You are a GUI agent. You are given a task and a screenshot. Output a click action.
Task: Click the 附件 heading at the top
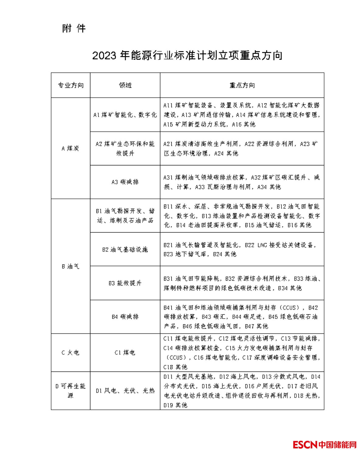(74, 29)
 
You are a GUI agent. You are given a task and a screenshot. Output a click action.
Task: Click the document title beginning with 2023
(187, 56)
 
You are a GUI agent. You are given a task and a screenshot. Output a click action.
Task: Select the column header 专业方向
(71, 85)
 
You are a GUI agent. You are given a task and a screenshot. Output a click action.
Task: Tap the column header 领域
(125, 85)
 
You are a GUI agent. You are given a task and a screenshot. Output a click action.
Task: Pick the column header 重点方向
(242, 85)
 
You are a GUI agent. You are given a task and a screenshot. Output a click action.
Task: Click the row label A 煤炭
(71, 148)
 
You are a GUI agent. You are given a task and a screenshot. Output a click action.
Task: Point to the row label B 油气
(71, 266)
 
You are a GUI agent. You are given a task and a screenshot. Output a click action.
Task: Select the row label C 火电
(71, 353)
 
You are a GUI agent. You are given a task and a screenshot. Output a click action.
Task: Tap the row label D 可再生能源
(71, 391)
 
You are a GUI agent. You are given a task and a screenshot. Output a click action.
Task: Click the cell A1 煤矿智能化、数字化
(125, 115)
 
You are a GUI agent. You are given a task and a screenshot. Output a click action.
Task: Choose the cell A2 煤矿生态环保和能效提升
(125, 148)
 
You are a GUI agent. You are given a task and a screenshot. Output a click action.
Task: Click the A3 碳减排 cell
(125, 182)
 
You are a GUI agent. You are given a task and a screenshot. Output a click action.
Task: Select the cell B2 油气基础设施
(125, 250)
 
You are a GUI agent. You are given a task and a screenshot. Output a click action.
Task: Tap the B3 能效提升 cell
(125, 283)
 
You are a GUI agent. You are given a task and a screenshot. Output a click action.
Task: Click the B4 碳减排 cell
(125, 317)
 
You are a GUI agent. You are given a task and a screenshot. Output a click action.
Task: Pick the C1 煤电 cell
(125, 353)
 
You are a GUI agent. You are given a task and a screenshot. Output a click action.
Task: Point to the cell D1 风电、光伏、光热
(125, 391)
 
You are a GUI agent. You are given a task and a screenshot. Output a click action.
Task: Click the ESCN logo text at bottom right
(305, 444)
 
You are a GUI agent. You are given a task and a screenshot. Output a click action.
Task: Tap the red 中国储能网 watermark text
(337, 444)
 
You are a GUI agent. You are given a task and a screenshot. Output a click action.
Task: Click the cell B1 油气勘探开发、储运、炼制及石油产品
(125, 216)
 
